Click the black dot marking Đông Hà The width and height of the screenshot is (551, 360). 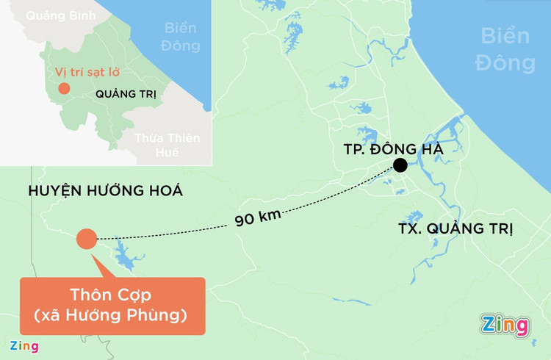[x=400, y=165]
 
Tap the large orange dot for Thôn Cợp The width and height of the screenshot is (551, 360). [x=87, y=240]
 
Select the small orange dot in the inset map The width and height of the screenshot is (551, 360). [x=64, y=89]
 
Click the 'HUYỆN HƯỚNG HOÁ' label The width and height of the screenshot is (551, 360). [x=105, y=192]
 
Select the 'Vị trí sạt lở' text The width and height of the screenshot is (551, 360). [x=87, y=73]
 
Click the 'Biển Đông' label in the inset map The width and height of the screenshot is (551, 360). [x=181, y=37]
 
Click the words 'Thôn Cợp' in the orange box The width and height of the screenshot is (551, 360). [x=112, y=296]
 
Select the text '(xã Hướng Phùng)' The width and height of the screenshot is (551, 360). [x=112, y=317]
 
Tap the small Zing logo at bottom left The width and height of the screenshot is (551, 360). [x=23, y=346]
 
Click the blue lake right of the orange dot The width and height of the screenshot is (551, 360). [x=129, y=259]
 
